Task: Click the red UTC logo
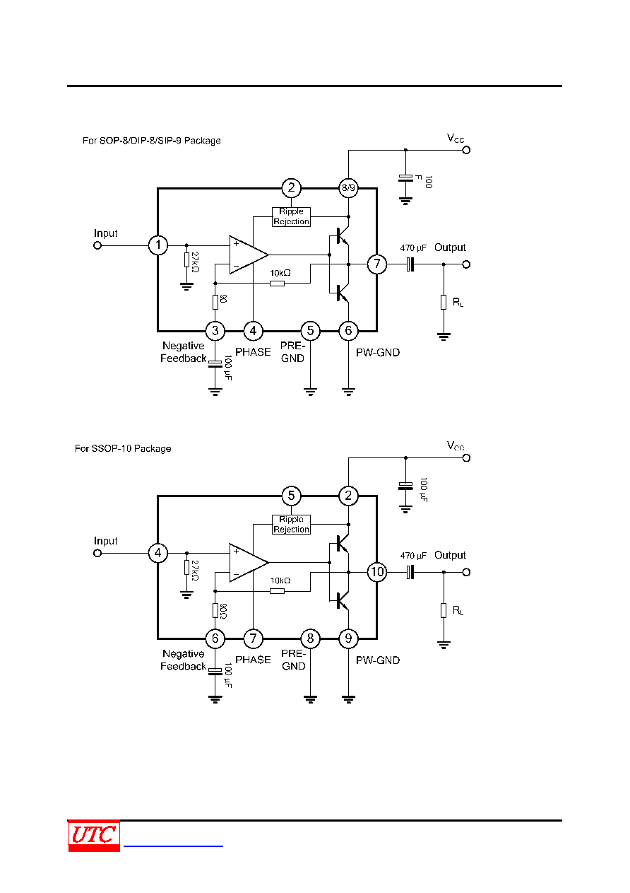tap(94, 836)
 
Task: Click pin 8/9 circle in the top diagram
tap(348, 188)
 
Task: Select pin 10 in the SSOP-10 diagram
tap(376, 572)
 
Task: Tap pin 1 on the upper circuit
tap(157, 245)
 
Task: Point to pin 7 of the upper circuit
tap(376, 264)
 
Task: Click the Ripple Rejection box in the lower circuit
tap(291, 525)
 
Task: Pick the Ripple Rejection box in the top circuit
tap(291, 217)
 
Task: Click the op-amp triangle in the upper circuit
tap(249, 255)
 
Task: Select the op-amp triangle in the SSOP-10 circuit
tap(249, 563)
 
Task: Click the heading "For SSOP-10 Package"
tap(123, 448)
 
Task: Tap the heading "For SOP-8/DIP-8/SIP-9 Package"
tap(151, 141)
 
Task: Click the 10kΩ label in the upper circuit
tap(280, 273)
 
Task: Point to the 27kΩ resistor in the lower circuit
tap(186, 567)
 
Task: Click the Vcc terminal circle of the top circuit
tap(466, 151)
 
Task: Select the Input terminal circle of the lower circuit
tap(97, 553)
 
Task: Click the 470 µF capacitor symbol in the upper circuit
tap(410, 264)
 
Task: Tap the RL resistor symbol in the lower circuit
tap(444, 610)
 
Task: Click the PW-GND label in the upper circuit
tap(378, 352)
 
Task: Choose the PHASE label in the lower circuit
tap(253, 660)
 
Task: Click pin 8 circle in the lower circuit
tap(310, 638)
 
